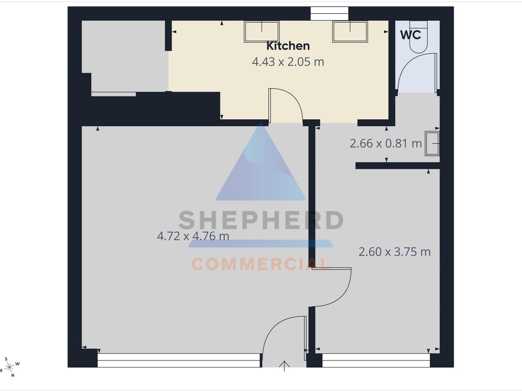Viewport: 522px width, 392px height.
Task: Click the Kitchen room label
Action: pyautogui.click(x=288, y=46)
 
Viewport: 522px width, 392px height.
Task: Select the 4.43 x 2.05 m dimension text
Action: pyautogui.click(x=288, y=62)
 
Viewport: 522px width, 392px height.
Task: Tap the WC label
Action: pyautogui.click(x=411, y=35)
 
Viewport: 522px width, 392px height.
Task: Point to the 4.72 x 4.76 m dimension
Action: pyautogui.click(x=193, y=236)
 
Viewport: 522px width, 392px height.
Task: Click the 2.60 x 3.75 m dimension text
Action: pyautogui.click(x=395, y=252)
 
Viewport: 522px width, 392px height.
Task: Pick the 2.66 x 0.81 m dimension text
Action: pyautogui.click(x=386, y=144)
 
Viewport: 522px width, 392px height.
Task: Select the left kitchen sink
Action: pyautogui.click(x=261, y=32)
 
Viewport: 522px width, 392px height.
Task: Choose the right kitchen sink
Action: pyautogui.click(x=350, y=32)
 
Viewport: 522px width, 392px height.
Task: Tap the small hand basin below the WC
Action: pyautogui.click(x=432, y=144)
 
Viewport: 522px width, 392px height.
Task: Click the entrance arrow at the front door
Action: pyautogui.click(x=285, y=366)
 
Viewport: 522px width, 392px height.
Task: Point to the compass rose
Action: pyautogui.click(x=10, y=367)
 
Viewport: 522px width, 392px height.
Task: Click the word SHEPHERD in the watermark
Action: pyautogui.click(x=261, y=220)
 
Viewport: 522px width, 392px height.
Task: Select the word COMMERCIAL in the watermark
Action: pyautogui.click(x=261, y=264)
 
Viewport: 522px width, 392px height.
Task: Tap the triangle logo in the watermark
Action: pyautogui.click(x=261, y=161)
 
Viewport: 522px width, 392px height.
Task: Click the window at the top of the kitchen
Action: pyautogui.click(x=330, y=14)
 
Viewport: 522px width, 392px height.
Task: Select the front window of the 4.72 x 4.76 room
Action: pyautogui.click(x=179, y=360)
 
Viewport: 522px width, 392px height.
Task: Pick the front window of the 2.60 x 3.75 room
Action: pyautogui.click(x=376, y=360)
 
